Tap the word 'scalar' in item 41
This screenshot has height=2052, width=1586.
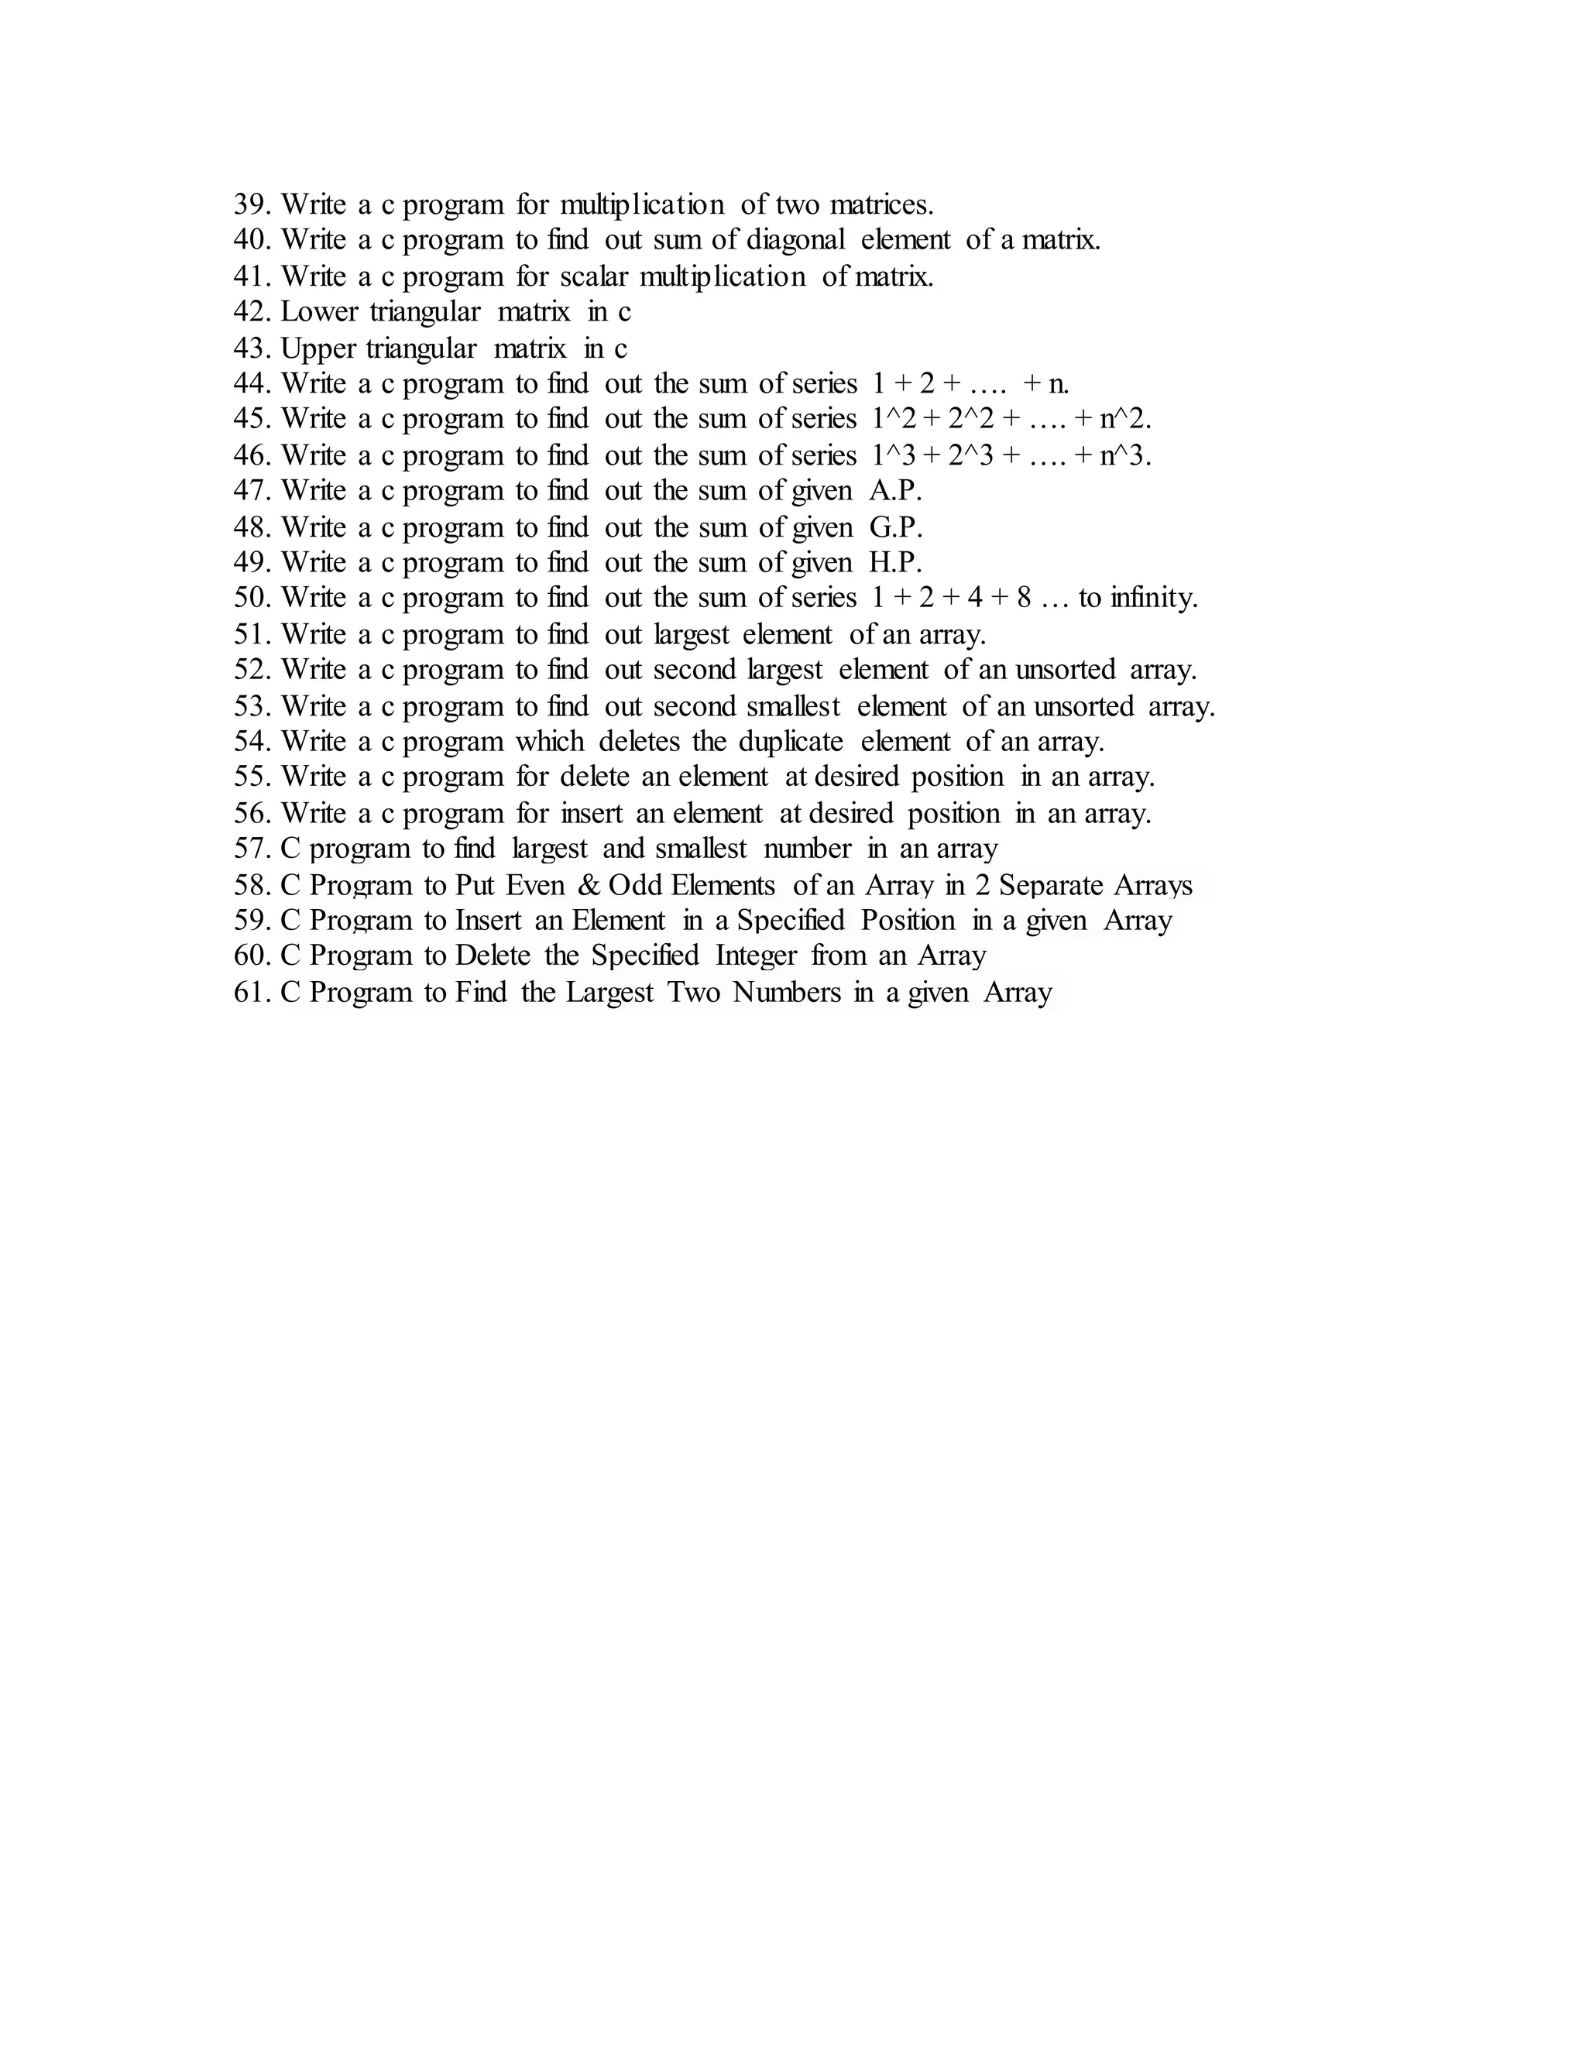[593, 276]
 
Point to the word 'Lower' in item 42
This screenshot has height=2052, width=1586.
[318, 311]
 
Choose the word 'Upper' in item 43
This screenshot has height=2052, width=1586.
[318, 348]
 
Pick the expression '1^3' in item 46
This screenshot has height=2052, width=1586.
[891, 455]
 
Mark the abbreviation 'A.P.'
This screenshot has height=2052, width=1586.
[895, 490]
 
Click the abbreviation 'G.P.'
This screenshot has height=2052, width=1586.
[895, 527]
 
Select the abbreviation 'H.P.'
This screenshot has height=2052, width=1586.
[895, 563]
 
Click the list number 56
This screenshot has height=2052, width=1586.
[252, 813]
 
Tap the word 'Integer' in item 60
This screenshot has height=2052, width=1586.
[755, 956]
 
